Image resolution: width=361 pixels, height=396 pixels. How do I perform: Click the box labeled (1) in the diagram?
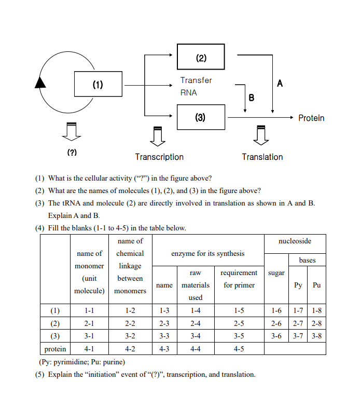pyautogui.click(x=98, y=85)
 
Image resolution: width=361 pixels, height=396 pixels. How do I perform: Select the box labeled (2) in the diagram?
pyautogui.click(x=201, y=57)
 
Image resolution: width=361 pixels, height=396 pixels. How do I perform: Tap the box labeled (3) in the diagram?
pyautogui.click(x=201, y=117)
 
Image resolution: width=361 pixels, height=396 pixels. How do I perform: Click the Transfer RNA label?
pyautogui.click(x=196, y=86)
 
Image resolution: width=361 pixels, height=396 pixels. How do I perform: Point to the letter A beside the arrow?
pyautogui.click(x=280, y=83)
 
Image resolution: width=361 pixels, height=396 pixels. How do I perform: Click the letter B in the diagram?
pyautogui.click(x=252, y=97)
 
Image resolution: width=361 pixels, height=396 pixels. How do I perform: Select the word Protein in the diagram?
pyautogui.click(x=311, y=118)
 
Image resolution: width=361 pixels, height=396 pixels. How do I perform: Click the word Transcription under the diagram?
pyautogui.click(x=159, y=157)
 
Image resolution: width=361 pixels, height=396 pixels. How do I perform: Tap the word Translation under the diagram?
pyautogui.click(x=262, y=157)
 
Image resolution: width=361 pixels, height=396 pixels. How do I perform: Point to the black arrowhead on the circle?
pyautogui.click(x=40, y=81)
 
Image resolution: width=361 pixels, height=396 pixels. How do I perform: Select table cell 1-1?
pyautogui.click(x=89, y=311)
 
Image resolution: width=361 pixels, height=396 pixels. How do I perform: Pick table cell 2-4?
pyautogui.click(x=196, y=323)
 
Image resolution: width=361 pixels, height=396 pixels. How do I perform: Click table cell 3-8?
pyautogui.click(x=316, y=336)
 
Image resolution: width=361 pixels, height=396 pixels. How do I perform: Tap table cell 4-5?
pyautogui.click(x=239, y=349)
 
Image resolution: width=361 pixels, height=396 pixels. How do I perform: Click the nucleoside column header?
pyautogui.click(x=295, y=241)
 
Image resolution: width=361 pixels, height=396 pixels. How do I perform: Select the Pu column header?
pyautogui.click(x=316, y=285)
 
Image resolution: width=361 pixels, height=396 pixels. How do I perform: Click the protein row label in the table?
pyautogui.click(x=55, y=349)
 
